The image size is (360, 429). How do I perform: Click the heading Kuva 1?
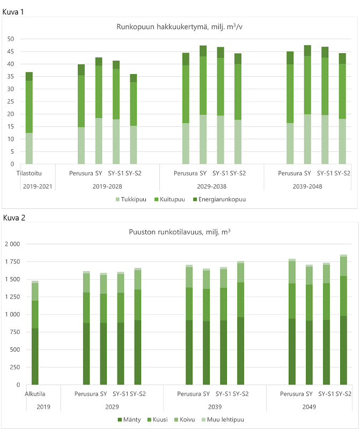13,11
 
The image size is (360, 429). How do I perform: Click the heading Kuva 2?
13,217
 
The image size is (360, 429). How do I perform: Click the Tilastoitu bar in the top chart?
29,118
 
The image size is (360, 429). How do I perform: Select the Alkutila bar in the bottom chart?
35,333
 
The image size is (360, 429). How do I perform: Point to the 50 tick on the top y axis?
10,39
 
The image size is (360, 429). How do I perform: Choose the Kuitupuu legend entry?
171,199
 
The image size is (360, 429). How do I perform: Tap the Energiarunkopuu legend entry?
221,199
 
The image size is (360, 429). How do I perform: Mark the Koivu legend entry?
188,419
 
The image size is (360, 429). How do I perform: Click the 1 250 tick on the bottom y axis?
11,297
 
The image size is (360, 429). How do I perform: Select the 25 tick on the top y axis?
10,101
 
